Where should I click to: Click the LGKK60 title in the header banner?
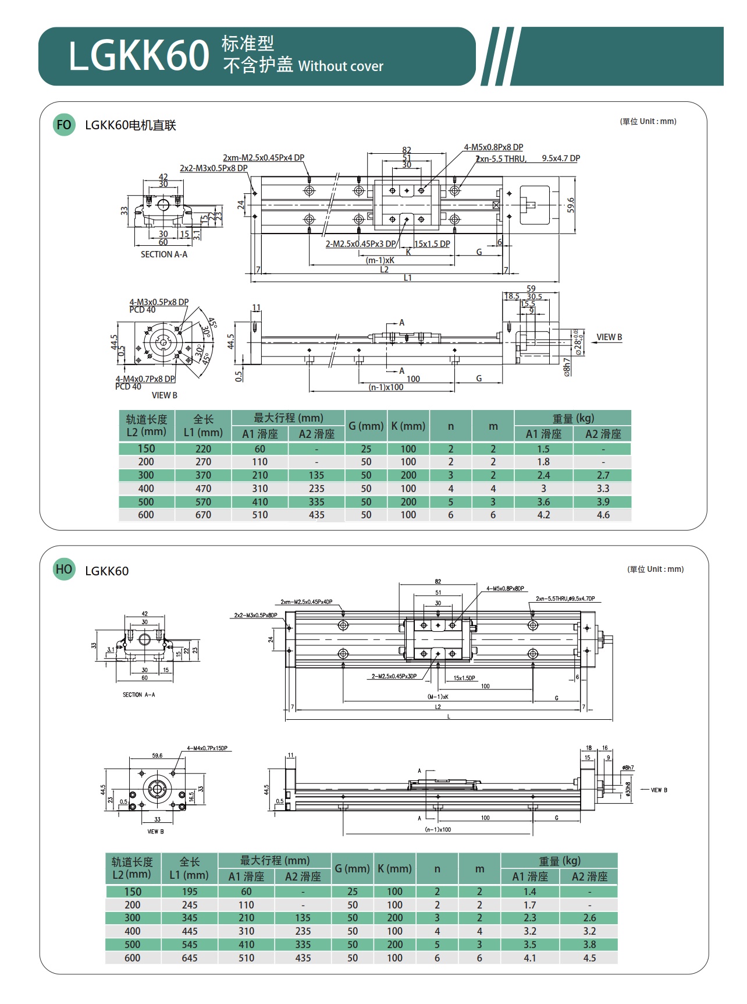point(138,56)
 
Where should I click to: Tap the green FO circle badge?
point(64,125)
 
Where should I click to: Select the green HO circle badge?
point(64,570)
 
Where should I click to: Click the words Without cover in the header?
point(340,66)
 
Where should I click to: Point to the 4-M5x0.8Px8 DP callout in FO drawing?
point(493,147)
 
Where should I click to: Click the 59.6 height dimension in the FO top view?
point(571,205)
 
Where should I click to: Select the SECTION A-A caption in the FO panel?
point(164,254)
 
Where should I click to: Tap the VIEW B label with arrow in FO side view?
point(609,337)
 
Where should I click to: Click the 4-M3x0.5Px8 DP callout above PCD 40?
point(159,302)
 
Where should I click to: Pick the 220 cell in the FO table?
point(203,449)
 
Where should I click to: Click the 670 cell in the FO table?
point(203,515)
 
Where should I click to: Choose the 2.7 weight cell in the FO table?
point(603,475)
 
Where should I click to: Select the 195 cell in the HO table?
point(190,892)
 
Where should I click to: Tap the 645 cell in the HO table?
point(190,958)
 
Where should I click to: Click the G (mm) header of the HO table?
point(352,869)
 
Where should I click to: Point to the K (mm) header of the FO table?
point(408,426)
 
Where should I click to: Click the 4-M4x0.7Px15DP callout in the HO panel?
point(207,748)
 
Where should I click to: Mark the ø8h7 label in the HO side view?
point(628,768)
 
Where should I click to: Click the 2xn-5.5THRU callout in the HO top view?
point(565,599)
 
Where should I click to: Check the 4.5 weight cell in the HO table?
point(589,958)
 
